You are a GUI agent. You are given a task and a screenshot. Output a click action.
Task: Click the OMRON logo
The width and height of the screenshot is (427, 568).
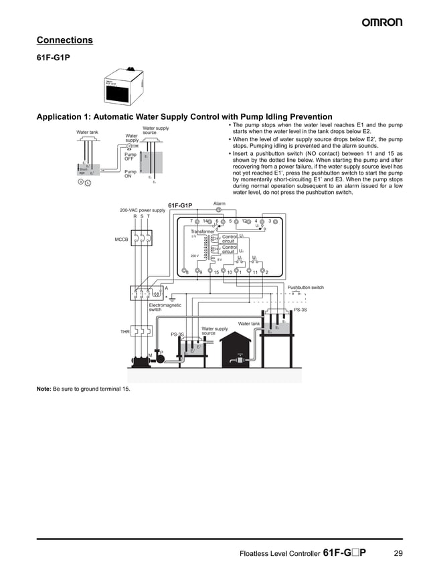(382, 22)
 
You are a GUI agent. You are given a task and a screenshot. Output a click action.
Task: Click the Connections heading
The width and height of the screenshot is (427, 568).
(64, 40)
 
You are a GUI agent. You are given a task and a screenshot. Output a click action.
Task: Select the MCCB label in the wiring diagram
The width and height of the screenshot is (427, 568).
(121, 239)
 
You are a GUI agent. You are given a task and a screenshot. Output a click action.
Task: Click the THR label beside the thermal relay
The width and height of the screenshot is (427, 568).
(124, 331)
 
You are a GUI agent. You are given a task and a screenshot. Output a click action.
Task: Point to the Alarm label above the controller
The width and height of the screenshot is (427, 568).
(219, 203)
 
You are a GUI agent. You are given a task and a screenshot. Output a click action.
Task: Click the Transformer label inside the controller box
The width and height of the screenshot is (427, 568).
(202, 231)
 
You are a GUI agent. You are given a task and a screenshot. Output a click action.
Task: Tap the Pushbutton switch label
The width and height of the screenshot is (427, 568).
(305, 288)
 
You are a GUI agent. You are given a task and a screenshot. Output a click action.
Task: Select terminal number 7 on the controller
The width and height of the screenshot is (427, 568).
(191, 220)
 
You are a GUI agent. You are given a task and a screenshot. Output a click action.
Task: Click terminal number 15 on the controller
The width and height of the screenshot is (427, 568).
(216, 272)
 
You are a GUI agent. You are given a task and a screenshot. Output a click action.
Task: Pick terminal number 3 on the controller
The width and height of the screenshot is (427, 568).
(269, 220)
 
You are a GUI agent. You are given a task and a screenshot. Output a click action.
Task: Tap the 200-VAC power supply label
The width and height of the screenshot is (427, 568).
(142, 210)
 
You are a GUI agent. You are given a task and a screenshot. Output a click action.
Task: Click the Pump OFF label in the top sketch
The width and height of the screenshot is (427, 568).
(131, 157)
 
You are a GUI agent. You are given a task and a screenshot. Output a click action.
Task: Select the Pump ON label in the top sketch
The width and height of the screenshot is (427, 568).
(131, 173)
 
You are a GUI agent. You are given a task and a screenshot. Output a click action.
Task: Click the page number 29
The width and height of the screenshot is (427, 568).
(398, 553)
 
